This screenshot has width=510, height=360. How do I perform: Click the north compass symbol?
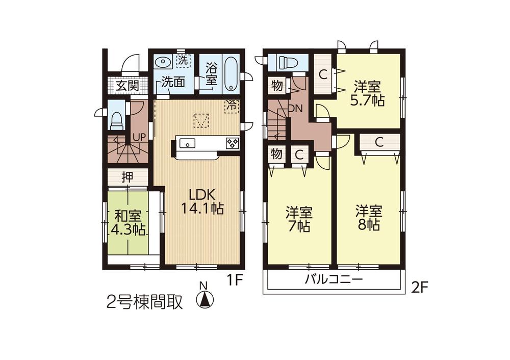click(x=205, y=298)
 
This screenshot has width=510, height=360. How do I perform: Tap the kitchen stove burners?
click(x=232, y=143)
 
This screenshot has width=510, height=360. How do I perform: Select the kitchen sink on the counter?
click(x=187, y=144)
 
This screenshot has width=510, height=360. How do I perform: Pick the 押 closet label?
click(x=127, y=177)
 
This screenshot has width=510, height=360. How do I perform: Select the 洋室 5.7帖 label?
click(x=367, y=93)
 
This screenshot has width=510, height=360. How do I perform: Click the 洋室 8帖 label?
click(x=368, y=218)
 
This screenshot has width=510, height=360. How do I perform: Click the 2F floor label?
click(x=419, y=288)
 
